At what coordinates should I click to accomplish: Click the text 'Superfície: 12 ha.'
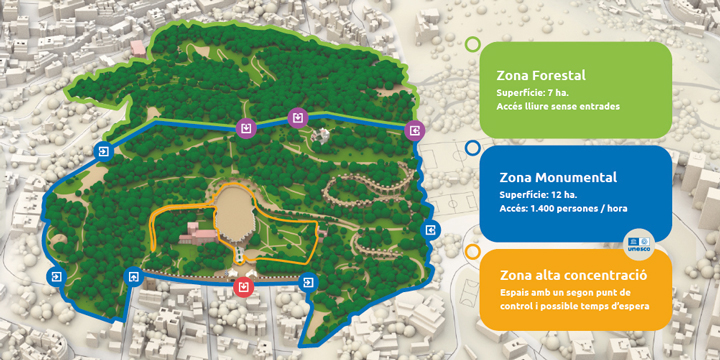pos(535,194)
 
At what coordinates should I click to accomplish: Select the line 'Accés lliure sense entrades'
pos(558,106)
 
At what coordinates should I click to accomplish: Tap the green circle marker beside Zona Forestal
pos(473,44)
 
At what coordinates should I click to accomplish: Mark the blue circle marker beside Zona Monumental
pos(473,148)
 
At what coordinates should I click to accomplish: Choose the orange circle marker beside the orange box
pos(473,251)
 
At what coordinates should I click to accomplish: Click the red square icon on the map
pos(242,288)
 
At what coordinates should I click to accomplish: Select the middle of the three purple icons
pos(296,119)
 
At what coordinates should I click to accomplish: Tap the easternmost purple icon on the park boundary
pos(415,130)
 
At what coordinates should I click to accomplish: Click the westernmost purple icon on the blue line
pos(246,128)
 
